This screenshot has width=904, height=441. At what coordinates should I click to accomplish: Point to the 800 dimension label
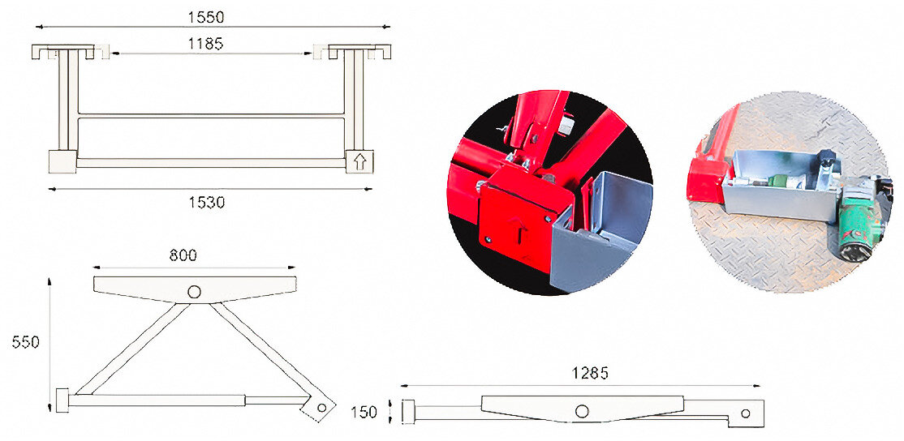183,255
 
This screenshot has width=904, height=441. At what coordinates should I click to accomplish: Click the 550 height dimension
25,342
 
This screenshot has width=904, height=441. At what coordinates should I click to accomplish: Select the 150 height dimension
364,413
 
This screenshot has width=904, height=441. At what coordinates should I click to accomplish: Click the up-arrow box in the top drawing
359,161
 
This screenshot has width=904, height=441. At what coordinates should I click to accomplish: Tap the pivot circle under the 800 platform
194,291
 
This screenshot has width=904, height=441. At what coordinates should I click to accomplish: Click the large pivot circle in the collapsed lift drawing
582,411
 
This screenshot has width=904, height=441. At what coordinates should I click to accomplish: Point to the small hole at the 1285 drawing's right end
745,413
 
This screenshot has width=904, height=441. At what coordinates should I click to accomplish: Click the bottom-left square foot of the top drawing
62,161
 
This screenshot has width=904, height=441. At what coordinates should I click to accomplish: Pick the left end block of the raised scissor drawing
62,400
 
